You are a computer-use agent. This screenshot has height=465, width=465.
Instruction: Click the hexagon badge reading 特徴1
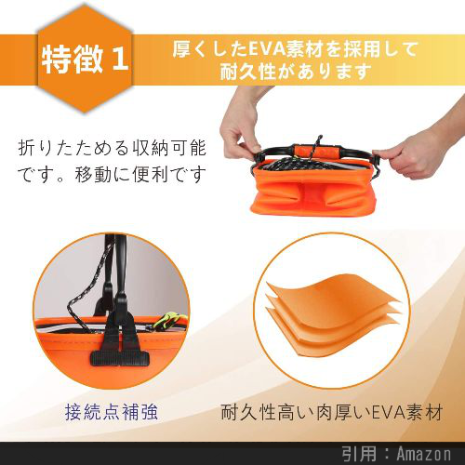point(85,59)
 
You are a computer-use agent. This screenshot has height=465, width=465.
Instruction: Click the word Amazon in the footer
point(424,454)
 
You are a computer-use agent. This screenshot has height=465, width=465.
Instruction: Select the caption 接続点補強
point(112,412)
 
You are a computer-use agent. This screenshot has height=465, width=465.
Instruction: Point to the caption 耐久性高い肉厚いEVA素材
point(332,412)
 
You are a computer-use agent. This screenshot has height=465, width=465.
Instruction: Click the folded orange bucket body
point(313,193)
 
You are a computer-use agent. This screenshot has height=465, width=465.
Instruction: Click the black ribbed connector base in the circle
point(120,358)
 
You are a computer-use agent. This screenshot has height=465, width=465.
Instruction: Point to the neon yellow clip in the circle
point(169,321)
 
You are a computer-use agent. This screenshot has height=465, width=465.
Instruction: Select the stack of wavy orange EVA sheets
point(333,313)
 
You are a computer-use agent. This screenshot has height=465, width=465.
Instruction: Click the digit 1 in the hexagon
point(120,59)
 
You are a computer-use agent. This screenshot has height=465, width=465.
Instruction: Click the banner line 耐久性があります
point(296,72)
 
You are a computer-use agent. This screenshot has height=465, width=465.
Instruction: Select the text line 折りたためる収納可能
point(113,148)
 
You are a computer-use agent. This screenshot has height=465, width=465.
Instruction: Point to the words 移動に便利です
point(140,174)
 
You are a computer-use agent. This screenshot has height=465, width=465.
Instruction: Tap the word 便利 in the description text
point(152,174)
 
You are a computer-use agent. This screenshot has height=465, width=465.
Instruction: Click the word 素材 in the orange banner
point(305,49)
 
